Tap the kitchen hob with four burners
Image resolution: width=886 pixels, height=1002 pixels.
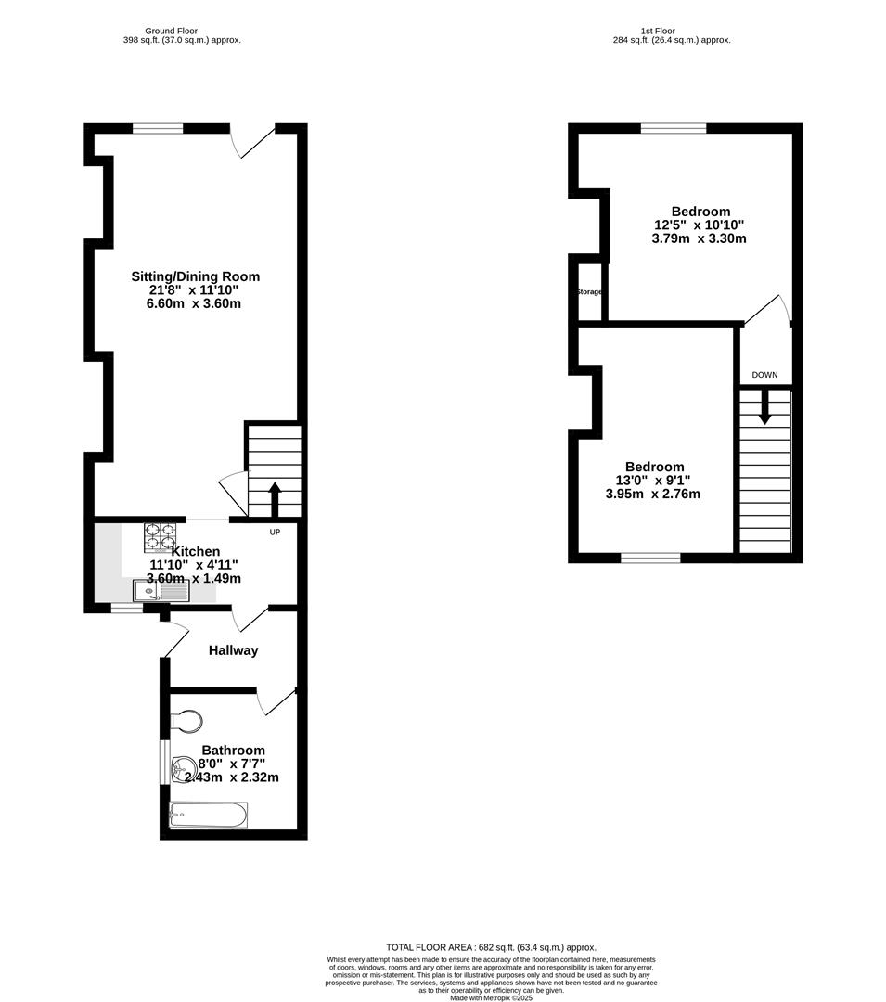point(159,538)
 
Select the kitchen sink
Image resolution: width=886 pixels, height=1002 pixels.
point(160,590)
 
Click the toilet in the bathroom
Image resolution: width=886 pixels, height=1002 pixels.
point(186,721)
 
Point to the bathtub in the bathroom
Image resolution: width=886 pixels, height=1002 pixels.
point(208,816)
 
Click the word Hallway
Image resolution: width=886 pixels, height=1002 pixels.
point(233,650)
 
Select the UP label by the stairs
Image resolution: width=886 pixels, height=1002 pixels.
point(275,533)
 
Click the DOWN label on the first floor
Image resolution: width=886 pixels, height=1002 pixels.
point(764,375)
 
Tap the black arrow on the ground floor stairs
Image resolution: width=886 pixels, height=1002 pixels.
point(275,497)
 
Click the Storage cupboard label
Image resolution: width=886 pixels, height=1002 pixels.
point(589,292)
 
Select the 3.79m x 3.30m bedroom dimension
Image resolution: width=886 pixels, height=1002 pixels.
point(699,238)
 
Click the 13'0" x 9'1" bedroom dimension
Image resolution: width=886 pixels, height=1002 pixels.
point(653,481)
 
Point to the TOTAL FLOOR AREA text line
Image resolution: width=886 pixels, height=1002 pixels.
point(491,946)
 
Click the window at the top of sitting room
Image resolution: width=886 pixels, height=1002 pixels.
point(157,129)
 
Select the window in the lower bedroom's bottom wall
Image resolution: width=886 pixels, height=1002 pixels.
point(649,558)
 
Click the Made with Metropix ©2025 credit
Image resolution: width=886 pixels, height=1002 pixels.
point(491,997)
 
